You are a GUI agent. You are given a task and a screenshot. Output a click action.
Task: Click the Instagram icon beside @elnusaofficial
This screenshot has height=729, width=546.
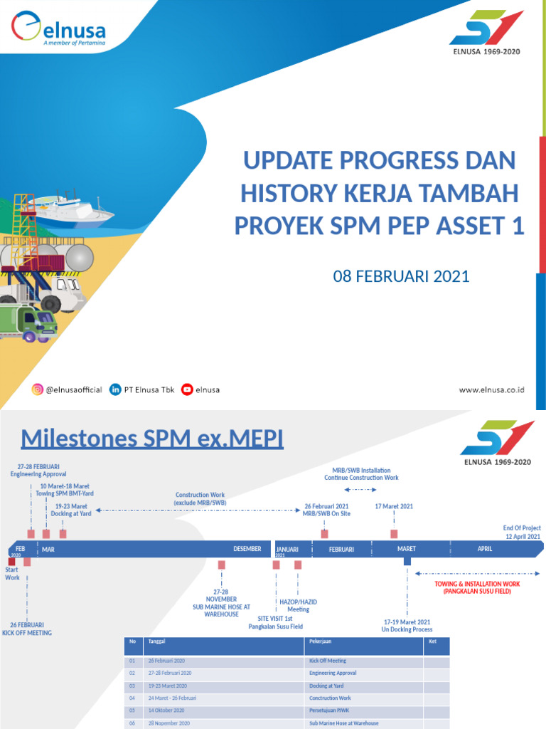[x=37, y=389]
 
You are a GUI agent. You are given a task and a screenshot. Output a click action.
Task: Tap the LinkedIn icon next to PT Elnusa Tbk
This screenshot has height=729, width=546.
[x=115, y=389]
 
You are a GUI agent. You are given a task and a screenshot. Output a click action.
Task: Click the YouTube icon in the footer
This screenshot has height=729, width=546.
[x=187, y=389]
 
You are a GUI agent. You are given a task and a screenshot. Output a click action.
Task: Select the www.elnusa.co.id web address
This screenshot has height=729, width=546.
[x=491, y=390]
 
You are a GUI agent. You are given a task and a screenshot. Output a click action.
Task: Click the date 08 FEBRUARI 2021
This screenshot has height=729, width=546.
[x=401, y=276]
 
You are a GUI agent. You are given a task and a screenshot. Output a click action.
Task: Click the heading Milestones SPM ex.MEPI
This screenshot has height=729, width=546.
[x=152, y=439]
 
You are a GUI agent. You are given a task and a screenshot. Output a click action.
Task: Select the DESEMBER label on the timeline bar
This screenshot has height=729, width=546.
[x=247, y=549]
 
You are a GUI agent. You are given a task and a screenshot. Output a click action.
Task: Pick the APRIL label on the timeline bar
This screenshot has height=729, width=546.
[x=484, y=549]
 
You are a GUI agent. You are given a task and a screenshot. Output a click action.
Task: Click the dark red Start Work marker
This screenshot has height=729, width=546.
[x=11, y=562]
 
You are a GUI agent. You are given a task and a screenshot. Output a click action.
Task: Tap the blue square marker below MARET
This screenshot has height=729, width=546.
[x=407, y=561]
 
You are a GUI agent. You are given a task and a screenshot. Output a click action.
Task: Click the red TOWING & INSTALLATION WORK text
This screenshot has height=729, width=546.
[x=477, y=587]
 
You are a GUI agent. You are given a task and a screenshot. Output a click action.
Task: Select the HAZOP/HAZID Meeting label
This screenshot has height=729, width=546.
[x=298, y=605]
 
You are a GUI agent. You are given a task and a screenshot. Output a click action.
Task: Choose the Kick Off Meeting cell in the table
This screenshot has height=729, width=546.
[x=327, y=661]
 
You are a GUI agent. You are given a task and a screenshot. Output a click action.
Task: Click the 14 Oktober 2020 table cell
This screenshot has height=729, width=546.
[x=166, y=710]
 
